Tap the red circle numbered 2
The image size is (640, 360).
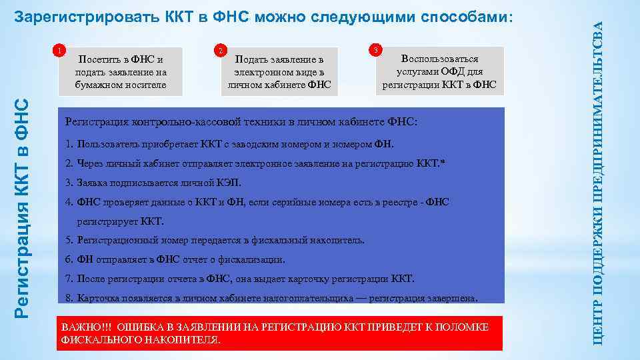pos(221,51)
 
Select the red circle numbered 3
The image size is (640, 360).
pos(377,51)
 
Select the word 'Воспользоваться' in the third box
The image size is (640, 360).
pos(439,59)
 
